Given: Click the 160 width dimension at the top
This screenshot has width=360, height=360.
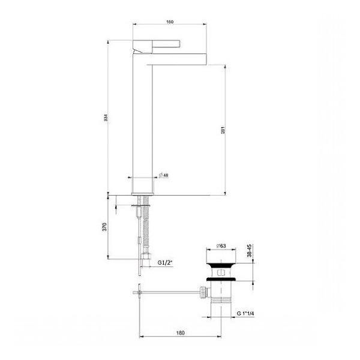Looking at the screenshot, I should tap(169, 22).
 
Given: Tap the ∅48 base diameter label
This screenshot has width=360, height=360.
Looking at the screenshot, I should tap(164, 175).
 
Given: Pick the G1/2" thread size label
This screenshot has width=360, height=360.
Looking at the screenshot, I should tap(166, 263).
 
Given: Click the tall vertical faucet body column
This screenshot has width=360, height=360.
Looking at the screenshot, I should tap(142, 120).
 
